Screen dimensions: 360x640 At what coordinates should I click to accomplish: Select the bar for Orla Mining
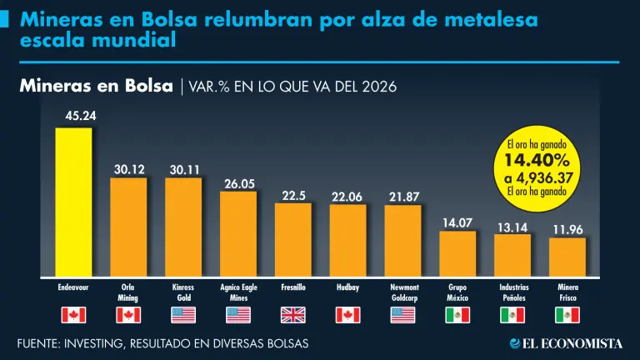click(128, 227)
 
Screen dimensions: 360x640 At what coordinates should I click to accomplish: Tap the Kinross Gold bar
click(183, 227)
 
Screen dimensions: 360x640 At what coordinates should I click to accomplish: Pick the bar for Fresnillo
click(292, 240)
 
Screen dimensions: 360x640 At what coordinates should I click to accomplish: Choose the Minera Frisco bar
click(567, 257)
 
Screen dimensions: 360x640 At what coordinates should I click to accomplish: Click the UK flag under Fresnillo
click(293, 315)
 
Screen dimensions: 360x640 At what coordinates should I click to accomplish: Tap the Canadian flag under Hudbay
click(347, 315)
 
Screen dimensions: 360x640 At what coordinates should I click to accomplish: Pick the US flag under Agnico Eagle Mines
click(238, 315)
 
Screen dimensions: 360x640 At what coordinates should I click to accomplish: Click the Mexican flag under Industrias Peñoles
click(512, 315)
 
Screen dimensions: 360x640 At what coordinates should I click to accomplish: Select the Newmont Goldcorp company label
click(402, 292)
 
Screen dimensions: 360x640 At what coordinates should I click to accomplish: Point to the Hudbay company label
click(347, 287)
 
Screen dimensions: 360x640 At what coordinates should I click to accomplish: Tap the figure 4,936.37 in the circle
click(542, 176)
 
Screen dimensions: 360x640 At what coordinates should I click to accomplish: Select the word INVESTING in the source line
click(104, 343)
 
